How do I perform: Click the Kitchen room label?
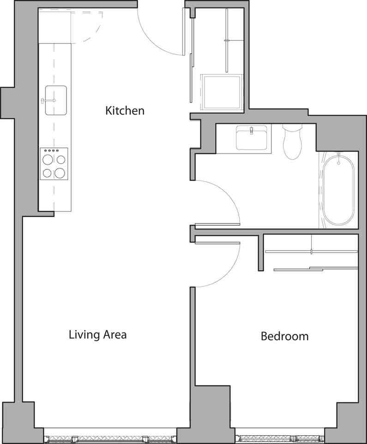click(x=125, y=111)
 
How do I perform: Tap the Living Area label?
click(x=97, y=334)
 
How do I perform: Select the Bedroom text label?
click(x=284, y=336)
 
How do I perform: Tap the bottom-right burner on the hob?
click(x=60, y=173)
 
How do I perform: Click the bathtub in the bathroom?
click(x=338, y=190)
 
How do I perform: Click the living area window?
click(x=109, y=438)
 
